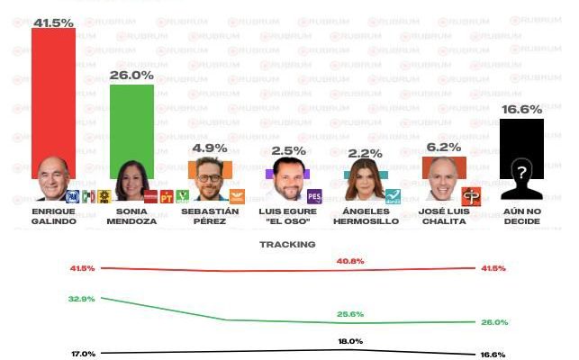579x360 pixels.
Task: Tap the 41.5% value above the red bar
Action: click(53, 21)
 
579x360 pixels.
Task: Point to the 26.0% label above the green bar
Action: click(131, 76)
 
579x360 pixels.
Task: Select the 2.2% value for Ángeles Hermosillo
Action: click(366, 155)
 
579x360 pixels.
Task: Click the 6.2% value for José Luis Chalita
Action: click(444, 147)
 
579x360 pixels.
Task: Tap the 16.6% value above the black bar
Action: click(521, 110)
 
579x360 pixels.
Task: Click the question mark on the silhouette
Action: click(521, 172)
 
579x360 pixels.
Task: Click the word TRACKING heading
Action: click(288, 244)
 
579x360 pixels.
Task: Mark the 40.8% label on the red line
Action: click(350, 261)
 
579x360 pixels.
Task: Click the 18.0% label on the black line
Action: click(350, 341)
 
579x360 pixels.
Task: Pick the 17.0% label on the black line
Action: click(83, 354)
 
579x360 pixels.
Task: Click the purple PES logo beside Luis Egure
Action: click(314, 196)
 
